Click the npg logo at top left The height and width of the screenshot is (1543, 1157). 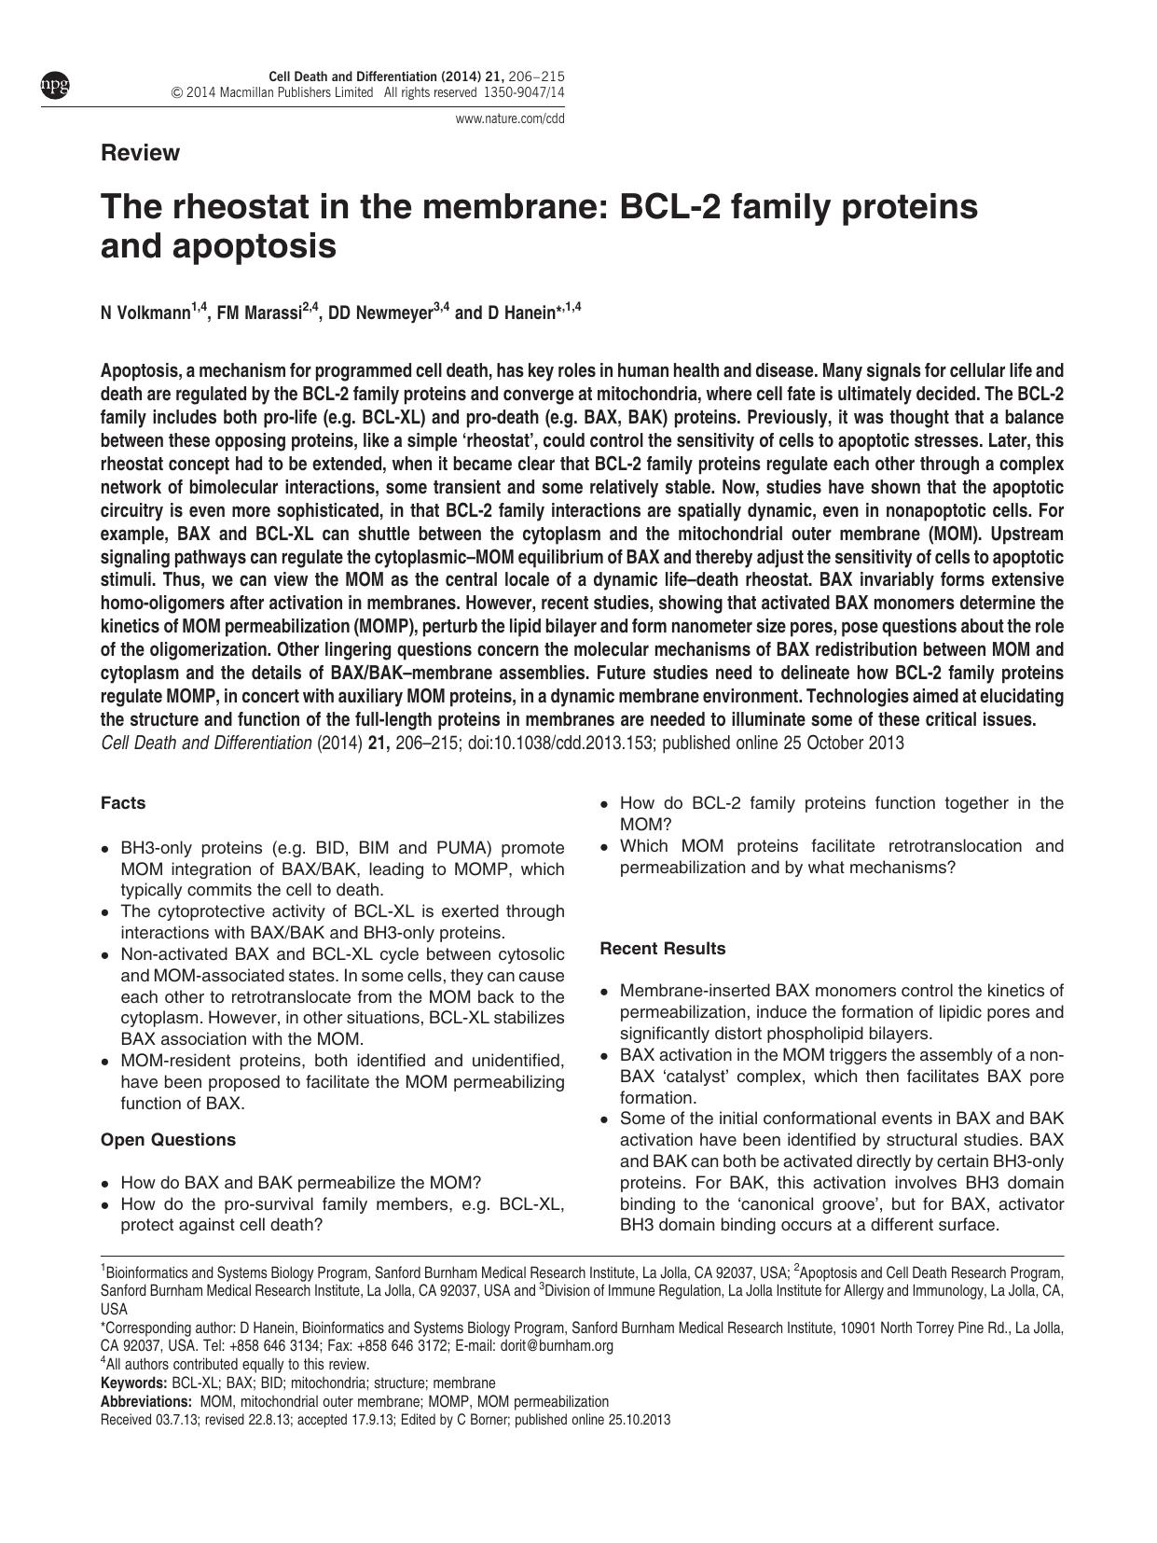(x=54, y=86)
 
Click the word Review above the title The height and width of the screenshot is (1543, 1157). (x=140, y=153)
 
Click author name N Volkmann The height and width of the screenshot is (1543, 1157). (x=145, y=313)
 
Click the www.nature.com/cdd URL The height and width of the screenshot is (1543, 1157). (x=509, y=118)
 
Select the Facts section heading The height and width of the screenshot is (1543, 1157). (x=123, y=803)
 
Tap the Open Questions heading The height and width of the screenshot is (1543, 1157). (x=168, y=1140)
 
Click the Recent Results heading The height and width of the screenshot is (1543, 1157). (x=663, y=949)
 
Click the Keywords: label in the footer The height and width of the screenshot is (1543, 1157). (x=133, y=1383)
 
